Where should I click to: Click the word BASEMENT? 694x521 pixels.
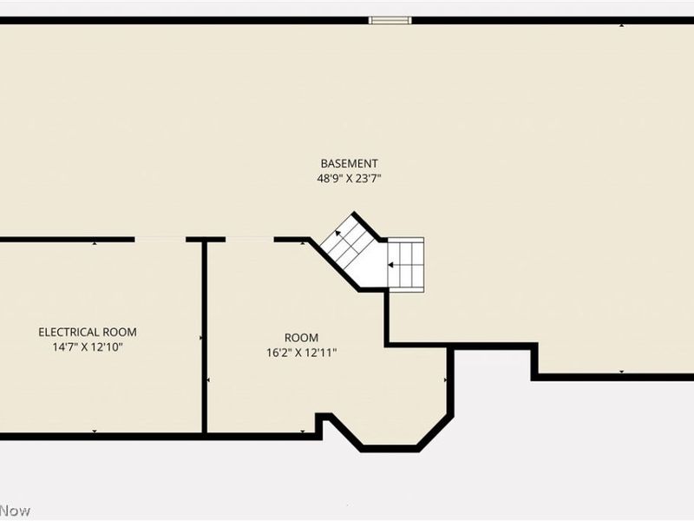click(x=349, y=163)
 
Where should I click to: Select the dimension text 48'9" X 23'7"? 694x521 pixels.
click(x=349, y=178)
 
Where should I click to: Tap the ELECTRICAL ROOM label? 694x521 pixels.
click(x=87, y=332)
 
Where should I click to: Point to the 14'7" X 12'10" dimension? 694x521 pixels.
click(x=87, y=346)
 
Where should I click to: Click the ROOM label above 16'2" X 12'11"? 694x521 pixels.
click(x=301, y=337)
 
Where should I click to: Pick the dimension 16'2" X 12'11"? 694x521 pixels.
click(x=301, y=353)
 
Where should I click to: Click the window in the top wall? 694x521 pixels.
click(x=390, y=20)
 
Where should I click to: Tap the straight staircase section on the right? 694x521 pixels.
click(x=406, y=264)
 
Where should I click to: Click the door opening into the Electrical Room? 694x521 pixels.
click(x=160, y=239)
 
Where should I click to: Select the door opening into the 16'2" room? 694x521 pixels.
click(x=250, y=239)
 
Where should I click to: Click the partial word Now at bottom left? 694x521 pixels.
click(x=15, y=511)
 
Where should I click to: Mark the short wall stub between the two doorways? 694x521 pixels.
click(x=206, y=239)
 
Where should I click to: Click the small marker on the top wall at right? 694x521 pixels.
click(x=621, y=24)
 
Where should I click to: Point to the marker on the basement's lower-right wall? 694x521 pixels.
click(x=621, y=373)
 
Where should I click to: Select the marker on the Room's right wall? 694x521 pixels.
click(x=446, y=380)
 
